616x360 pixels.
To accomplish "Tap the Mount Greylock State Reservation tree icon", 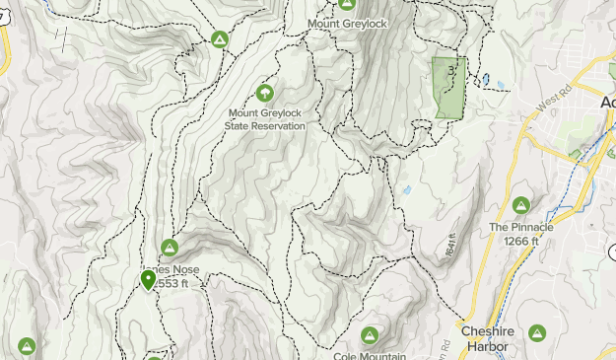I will (264, 93).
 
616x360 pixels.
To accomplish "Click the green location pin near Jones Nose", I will (148, 281).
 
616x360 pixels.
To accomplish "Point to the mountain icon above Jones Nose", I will (169, 248).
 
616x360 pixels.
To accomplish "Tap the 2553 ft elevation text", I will (178, 284).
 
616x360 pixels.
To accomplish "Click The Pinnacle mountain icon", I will (521, 205).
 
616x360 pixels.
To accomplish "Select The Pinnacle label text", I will (521, 227).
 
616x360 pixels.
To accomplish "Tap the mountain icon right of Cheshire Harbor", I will (537, 333).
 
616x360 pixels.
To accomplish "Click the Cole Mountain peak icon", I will (370, 335).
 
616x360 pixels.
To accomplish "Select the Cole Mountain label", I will (370, 355).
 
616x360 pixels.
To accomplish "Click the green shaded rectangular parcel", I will (448, 89).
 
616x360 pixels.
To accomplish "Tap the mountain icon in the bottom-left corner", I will (26, 346).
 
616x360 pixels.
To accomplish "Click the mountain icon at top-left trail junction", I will (220, 39).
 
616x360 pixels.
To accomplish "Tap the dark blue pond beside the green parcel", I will (484, 79).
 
